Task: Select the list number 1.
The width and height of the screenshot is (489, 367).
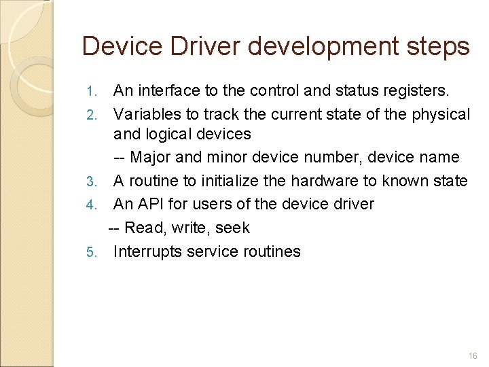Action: pyautogui.click(x=94, y=91)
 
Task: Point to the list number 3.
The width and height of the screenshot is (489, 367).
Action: pyautogui.click(x=94, y=181)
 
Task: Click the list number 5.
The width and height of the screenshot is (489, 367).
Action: pyautogui.click(x=94, y=252)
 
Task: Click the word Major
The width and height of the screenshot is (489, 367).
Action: pyautogui.click(x=150, y=157)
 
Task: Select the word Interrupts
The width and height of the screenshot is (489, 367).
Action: pyautogui.click(x=148, y=251)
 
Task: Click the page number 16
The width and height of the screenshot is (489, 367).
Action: pyautogui.click(x=473, y=356)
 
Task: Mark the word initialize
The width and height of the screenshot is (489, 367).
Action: pyautogui.click(x=242, y=181)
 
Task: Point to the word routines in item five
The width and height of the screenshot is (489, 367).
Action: pyautogui.click(x=270, y=251)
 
